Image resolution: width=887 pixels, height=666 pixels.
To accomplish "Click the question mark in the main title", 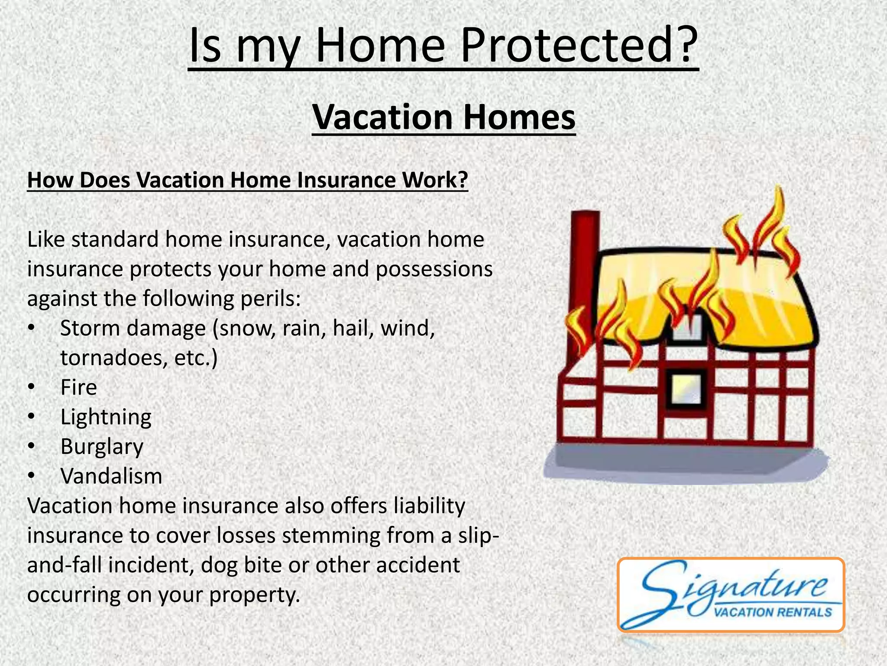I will (683, 46).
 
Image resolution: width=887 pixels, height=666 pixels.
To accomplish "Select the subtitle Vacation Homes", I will (443, 118).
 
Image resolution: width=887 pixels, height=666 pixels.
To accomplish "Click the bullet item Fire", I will (78, 387).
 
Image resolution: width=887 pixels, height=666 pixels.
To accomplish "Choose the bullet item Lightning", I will (106, 417).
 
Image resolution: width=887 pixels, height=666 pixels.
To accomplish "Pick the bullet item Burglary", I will (102, 447).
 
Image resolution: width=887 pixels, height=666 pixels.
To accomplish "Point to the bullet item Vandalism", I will (111, 476).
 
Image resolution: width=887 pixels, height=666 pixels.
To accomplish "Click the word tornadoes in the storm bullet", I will (113, 358).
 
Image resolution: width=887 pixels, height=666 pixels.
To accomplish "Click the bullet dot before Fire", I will (31, 387).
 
